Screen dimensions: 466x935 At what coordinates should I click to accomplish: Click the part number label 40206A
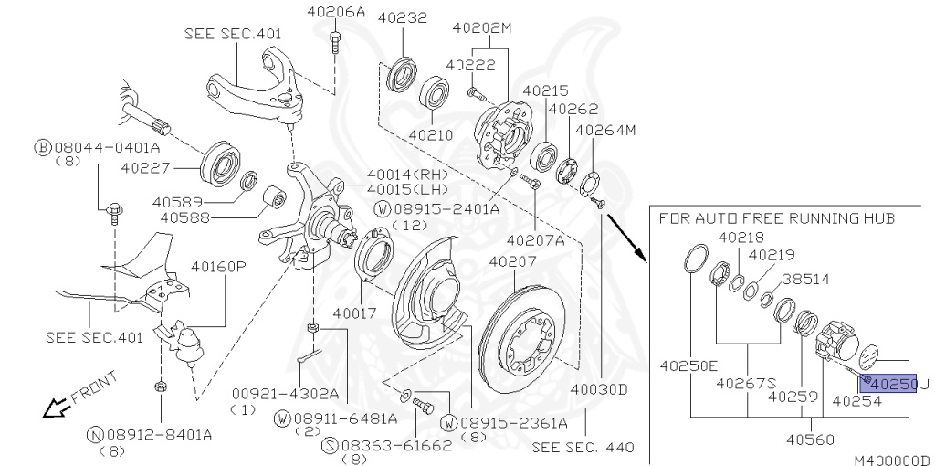337,13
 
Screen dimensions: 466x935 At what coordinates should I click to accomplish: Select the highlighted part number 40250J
890,384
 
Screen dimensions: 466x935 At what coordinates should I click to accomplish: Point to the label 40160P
219,268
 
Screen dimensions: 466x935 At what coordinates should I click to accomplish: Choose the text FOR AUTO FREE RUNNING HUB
776,218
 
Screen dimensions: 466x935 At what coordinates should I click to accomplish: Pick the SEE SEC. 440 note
583,448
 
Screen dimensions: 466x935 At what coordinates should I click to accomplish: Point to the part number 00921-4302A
282,394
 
